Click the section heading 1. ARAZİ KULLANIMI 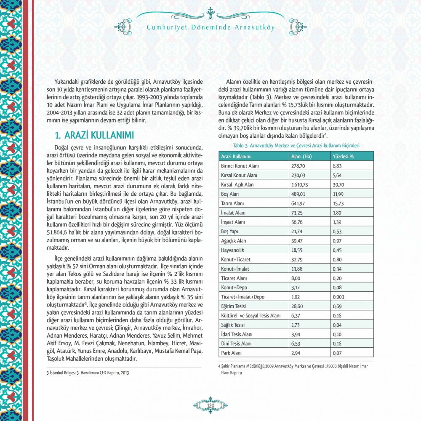tap(95, 136)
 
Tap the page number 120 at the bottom tap(210, 405)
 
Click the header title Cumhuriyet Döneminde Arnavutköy tap(210, 28)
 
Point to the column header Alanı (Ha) tap(301, 157)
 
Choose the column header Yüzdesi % tap(343, 157)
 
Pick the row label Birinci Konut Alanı tap(240, 166)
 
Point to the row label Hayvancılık tap(234, 250)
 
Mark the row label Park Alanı tap(232, 352)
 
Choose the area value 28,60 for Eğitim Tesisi tap(298, 306)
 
